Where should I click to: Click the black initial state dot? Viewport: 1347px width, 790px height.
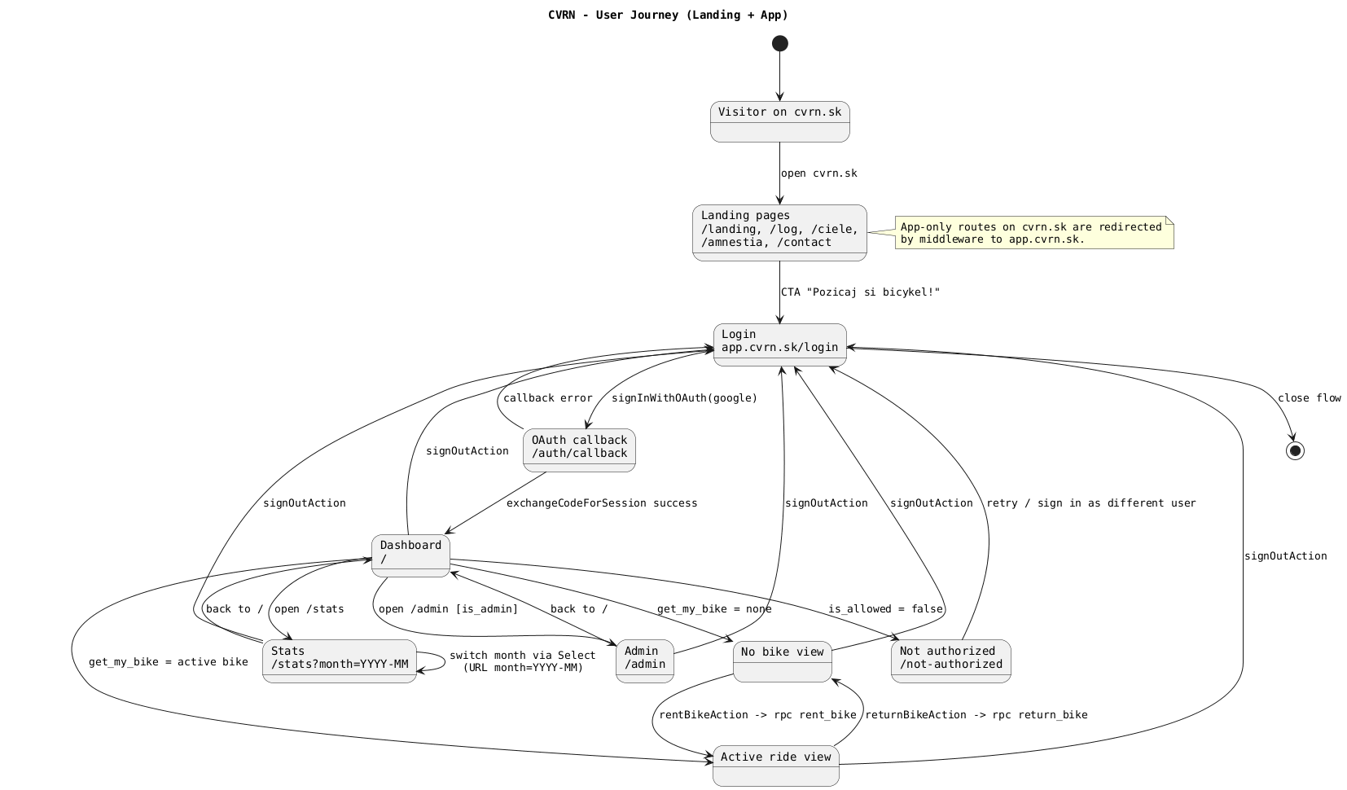coord(780,43)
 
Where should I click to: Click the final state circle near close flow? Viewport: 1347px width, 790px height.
coord(1295,451)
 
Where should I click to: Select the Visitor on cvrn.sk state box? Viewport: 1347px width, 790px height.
coord(780,121)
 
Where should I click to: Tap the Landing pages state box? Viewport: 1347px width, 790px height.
coord(779,232)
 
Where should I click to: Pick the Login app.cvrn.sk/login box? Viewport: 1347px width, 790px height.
coord(780,345)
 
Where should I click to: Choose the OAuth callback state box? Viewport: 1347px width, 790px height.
coord(579,450)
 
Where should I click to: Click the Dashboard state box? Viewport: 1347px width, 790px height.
coord(410,555)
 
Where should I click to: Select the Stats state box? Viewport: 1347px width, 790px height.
coord(340,661)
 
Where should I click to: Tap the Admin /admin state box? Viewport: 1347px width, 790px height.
coord(645,661)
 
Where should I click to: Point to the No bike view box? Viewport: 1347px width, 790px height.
coord(782,661)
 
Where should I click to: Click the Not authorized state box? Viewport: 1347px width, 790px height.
coord(951,661)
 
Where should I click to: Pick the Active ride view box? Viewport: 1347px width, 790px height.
coord(775,765)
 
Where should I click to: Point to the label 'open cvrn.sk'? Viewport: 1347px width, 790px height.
coord(818,173)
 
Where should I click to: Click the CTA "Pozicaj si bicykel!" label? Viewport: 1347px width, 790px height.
coord(860,292)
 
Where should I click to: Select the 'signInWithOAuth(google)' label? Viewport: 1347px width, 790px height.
coord(684,398)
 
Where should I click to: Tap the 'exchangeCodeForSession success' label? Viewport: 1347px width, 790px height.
coord(602,503)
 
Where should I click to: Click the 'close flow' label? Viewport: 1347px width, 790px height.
coord(1309,398)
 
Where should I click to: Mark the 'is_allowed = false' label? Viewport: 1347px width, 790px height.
coord(885,609)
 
